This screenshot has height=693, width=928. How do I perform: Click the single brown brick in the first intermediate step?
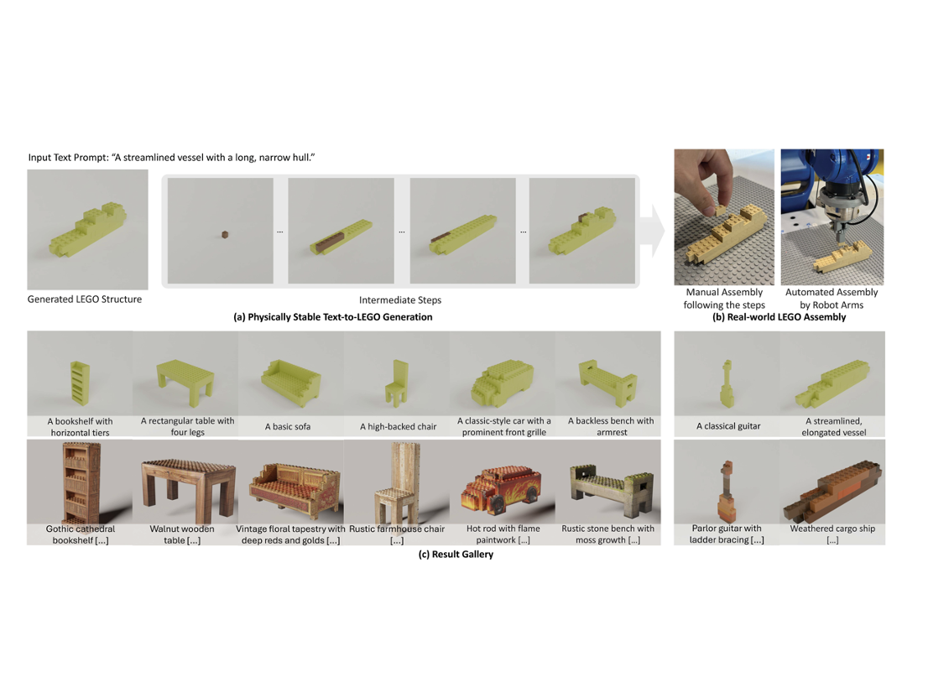coord(225,235)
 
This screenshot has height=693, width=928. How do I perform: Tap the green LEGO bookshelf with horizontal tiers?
coord(80,383)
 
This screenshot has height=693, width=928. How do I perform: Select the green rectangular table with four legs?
coord(185,379)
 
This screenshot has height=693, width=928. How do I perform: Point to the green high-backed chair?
coord(397,383)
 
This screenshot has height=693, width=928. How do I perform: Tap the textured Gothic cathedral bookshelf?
coord(81,484)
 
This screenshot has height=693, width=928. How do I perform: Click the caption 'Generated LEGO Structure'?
coord(85,300)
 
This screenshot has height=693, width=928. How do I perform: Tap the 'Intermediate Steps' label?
coord(400,300)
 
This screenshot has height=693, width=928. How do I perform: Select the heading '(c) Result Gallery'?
coord(456,555)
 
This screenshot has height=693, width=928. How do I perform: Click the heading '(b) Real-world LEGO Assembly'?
coord(779,317)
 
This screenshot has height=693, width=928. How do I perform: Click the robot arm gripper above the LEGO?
coord(839,220)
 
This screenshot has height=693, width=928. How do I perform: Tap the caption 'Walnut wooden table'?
coord(182,534)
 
